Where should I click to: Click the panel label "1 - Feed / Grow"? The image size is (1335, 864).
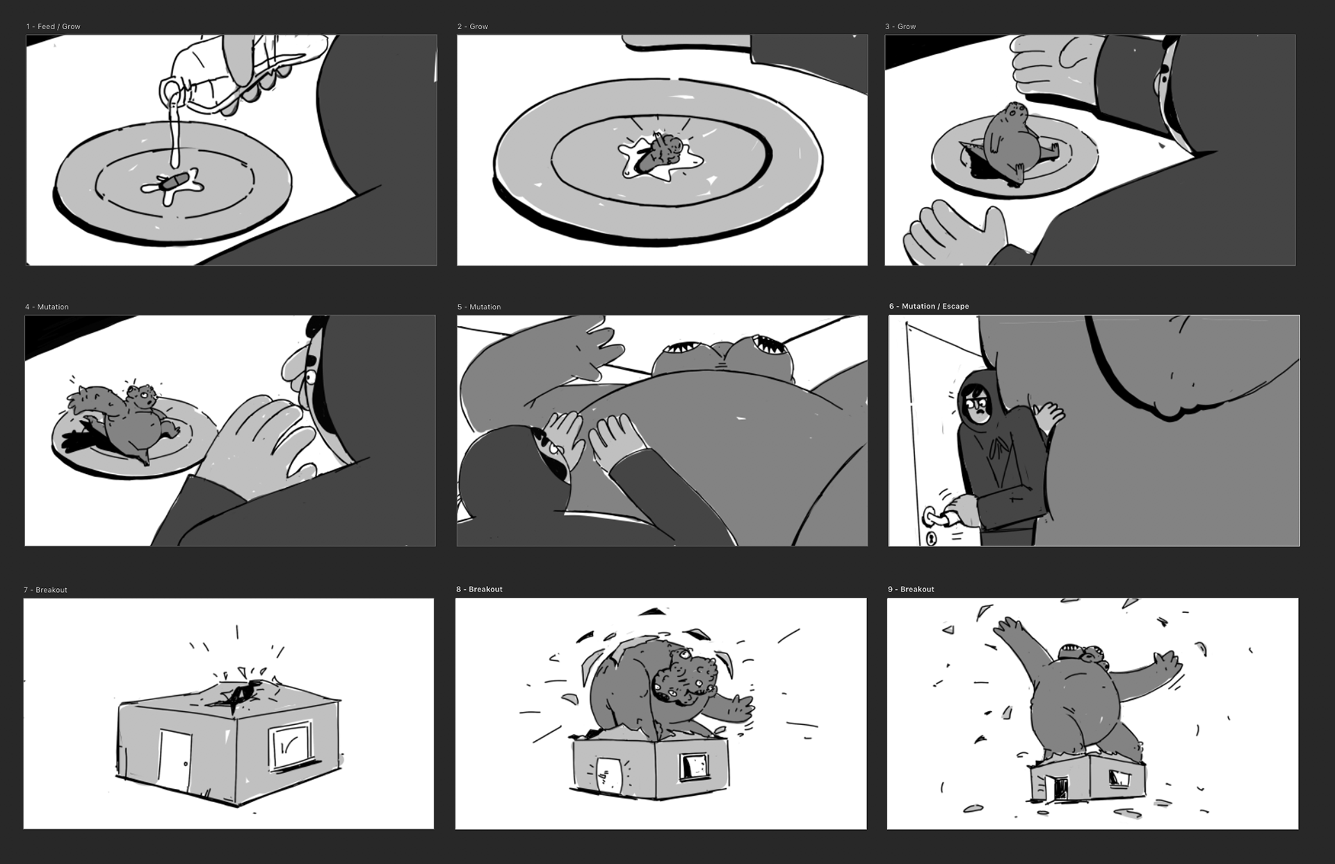(53, 26)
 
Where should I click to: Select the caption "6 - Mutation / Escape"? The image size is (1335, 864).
(929, 306)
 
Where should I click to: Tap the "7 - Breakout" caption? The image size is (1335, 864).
(45, 589)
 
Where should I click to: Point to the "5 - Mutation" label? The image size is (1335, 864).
(479, 307)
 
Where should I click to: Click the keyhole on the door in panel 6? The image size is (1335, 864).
(931, 537)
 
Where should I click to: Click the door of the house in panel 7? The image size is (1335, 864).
(174, 760)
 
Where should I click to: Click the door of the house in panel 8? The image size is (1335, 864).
(608, 773)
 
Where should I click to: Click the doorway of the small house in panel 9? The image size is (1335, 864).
(1061, 788)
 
